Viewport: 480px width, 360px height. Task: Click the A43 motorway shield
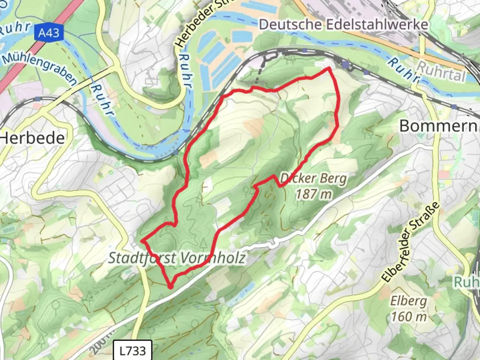(x=49, y=33)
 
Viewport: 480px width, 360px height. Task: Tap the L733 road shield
(x=133, y=350)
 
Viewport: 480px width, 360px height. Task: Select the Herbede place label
(x=32, y=138)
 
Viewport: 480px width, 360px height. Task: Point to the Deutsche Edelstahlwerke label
(x=343, y=24)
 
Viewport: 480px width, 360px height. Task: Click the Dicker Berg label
(x=313, y=179)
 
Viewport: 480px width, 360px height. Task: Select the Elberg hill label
(x=408, y=301)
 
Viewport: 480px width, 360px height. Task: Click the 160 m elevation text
(x=409, y=316)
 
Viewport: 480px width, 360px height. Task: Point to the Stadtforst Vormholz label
(x=177, y=258)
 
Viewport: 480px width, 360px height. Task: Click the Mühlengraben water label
(x=39, y=68)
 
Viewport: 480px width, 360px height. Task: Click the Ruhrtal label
(x=441, y=71)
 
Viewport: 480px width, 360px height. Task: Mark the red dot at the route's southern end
(x=171, y=286)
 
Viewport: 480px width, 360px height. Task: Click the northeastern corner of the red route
(x=329, y=69)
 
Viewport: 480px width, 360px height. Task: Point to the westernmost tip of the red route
(x=142, y=240)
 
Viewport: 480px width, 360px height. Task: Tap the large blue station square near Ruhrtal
(x=346, y=64)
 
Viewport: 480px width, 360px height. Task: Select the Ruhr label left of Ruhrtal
(x=403, y=70)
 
